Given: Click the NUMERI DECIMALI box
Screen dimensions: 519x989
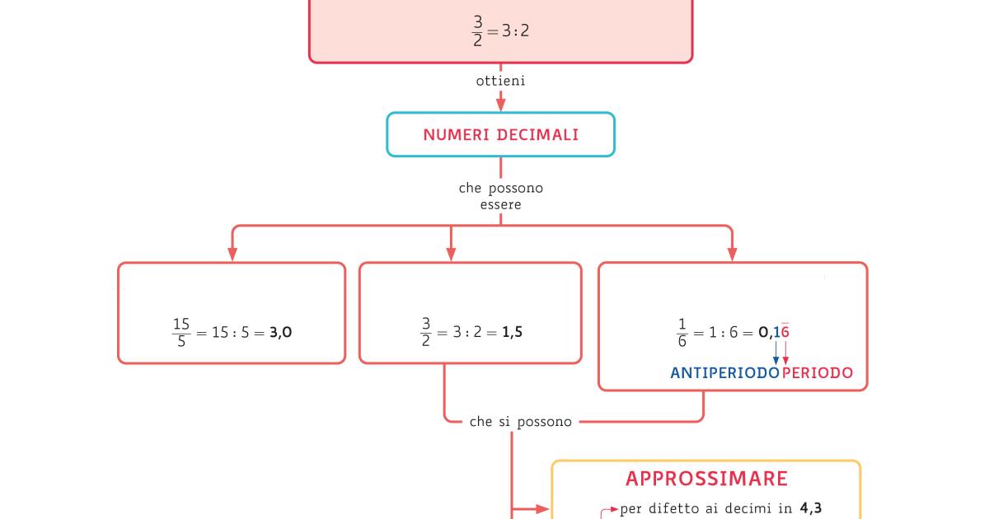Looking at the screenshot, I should coord(500,134).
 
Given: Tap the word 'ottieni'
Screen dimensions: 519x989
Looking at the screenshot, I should coord(500,81).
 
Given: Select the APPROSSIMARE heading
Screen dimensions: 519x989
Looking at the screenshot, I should coord(706,479).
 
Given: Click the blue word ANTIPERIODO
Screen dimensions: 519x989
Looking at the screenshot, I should coord(724,373).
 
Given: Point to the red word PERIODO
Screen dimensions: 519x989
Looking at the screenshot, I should coord(818,373).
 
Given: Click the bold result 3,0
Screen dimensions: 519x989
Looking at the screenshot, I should coord(281,333).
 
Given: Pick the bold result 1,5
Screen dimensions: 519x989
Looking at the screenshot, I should coord(512,333).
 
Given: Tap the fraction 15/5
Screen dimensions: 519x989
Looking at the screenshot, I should coord(182,333).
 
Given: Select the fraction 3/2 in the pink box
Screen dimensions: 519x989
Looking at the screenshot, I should coord(478,32).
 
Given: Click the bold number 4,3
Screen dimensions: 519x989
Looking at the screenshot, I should coord(810,509).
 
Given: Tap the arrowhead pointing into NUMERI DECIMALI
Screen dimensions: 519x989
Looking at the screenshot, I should coord(500,105).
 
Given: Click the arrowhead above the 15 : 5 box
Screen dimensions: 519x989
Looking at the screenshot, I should coord(232,254).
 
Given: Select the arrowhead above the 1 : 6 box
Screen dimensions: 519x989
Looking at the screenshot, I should coord(732,254).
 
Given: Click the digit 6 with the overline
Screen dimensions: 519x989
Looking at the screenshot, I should coord(785,332).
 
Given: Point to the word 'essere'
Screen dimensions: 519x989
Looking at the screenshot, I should coord(500,205).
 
